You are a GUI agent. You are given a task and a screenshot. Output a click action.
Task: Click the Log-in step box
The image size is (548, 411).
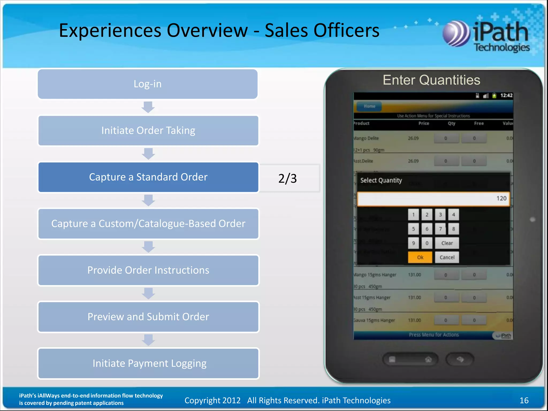point(148,84)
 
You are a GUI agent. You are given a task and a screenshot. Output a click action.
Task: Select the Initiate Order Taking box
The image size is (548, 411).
point(148,131)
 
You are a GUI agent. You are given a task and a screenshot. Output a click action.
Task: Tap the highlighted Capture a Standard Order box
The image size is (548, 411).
point(148,177)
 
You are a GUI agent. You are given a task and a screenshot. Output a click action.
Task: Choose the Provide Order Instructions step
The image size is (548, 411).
point(148,270)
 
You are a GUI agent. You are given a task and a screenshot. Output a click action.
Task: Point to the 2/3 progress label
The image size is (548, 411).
point(287,178)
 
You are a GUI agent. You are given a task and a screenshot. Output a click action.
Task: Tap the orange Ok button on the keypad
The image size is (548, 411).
point(420,257)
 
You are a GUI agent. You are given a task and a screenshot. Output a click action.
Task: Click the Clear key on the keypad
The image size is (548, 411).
point(447,243)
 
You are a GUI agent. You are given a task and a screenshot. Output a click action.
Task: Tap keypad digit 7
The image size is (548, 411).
point(440,229)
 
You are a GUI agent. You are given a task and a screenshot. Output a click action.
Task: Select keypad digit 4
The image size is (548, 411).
point(454,215)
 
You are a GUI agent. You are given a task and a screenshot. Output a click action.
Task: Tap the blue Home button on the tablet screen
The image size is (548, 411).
point(369,106)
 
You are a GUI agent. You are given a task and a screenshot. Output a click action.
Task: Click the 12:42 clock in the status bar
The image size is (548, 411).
point(506,96)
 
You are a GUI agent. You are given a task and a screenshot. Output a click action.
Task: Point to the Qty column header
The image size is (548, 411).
point(452,123)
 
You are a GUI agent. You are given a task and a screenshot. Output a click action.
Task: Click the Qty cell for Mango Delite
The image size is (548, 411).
point(446,138)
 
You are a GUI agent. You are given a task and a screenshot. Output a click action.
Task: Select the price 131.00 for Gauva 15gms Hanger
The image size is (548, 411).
point(414,320)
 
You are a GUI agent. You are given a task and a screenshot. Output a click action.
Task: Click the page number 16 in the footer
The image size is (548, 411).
point(524,400)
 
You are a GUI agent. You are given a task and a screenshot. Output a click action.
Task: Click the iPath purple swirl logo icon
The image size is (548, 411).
point(456,34)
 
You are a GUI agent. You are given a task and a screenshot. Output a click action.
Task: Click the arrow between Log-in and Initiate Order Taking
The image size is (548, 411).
point(148,107)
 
